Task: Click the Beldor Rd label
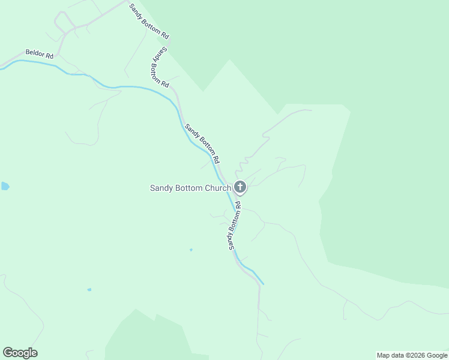click(40, 55)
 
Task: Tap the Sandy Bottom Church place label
click(190, 188)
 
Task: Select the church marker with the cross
click(240, 187)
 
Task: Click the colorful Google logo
click(20, 353)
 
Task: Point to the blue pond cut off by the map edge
click(4, 186)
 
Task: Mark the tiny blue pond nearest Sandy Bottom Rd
click(191, 250)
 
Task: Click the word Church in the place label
click(218, 188)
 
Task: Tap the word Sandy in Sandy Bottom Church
click(161, 188)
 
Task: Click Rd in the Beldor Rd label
click(50, 56)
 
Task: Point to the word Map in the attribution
click(384, 355)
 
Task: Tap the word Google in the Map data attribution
click(437, 355)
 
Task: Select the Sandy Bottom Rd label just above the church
click(202, 144)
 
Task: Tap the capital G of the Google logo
click(8, 352)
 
